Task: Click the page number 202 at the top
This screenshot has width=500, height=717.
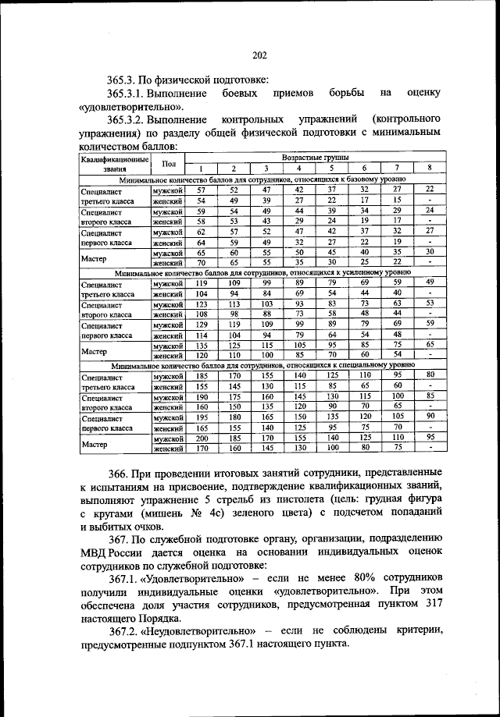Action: pyautogui.click(x=259, y=55)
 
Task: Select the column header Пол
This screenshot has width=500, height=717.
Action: pyautogui.click(x=169, y=164)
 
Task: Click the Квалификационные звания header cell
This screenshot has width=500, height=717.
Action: pyautogui.click(x=115, y=164)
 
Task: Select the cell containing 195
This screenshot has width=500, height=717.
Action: pyautogui.click(x=200, y=417)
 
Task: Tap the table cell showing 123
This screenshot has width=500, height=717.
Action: pyautogui.click(x=200, y=303)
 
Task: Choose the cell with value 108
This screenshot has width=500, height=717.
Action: pyautogui.click(x=200, y=314)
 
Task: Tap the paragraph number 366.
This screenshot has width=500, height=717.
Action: pyautogui.click(x=120, y=473)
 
